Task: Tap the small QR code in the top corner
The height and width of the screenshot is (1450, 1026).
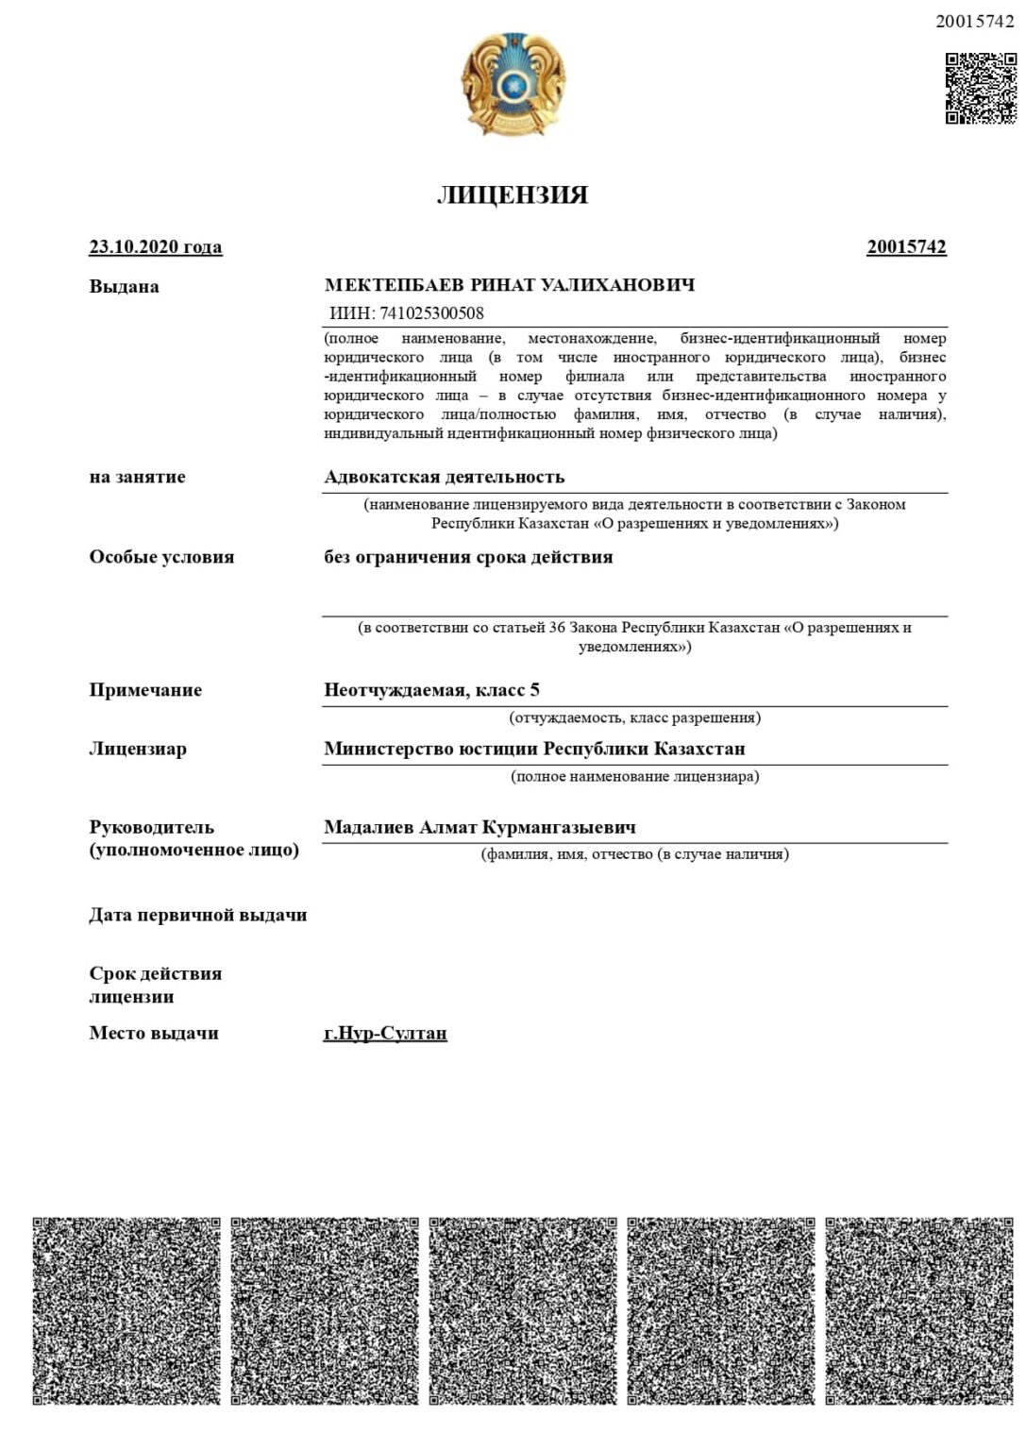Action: pos(980,89)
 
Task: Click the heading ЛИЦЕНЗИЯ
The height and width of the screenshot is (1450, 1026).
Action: pos(513,195)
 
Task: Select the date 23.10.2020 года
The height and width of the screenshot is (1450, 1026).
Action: pos(156,247)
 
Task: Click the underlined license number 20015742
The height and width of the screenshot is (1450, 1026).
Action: pos(906,247)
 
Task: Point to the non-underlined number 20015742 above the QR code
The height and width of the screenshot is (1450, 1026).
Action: pos(974,21)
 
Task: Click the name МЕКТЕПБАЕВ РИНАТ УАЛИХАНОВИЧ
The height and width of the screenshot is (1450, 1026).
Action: pos(510,285)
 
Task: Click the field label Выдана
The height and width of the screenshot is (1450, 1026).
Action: pos(124,287)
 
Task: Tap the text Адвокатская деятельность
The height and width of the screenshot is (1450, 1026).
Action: pos(444,477)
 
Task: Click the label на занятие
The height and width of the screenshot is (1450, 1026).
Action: pos(137,477)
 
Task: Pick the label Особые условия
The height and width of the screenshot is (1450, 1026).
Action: pos(161,557)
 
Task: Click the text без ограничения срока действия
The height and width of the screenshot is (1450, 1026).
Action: pos(468,557)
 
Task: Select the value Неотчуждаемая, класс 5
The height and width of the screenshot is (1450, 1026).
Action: pos(431,690)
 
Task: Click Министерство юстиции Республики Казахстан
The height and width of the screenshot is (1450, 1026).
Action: pos(534,749)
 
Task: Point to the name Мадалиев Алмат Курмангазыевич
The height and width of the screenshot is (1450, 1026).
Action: pos(479,827)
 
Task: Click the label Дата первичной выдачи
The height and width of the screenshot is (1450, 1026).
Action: pos(198,915)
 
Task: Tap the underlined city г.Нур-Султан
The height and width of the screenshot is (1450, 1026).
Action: pos(385,1033)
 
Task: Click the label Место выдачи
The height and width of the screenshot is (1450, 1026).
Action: pos(154,1033)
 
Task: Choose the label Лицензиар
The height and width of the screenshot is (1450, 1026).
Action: pos(138,749)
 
